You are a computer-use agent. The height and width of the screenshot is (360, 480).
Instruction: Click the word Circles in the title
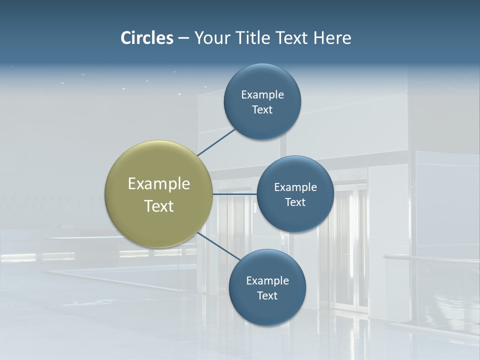click(x=147, y=38)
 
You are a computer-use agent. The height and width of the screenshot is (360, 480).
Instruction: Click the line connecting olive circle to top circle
click(x=216, y=142)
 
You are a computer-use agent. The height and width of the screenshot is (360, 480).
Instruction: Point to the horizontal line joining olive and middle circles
click(x=234, y=193)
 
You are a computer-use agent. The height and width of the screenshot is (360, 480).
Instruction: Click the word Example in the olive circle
click(x=158, y=184)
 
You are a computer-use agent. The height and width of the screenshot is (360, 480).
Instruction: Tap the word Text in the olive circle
click(x=158, y=206)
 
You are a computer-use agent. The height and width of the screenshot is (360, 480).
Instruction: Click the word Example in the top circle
click(x=262, y=95)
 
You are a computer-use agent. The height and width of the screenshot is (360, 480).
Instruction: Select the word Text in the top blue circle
click(x=262, y=110)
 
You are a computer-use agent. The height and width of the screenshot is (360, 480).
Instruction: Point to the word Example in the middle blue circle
click(x=295, y=187)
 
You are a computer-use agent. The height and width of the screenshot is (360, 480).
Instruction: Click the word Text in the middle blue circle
click(x=295, y=202)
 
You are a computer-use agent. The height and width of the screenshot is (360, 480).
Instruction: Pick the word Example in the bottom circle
click(x=267, y=281)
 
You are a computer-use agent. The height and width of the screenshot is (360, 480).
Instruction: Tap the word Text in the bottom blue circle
click(x=267, y=295)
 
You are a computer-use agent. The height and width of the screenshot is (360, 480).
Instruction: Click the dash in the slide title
click(x=183, y=38)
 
